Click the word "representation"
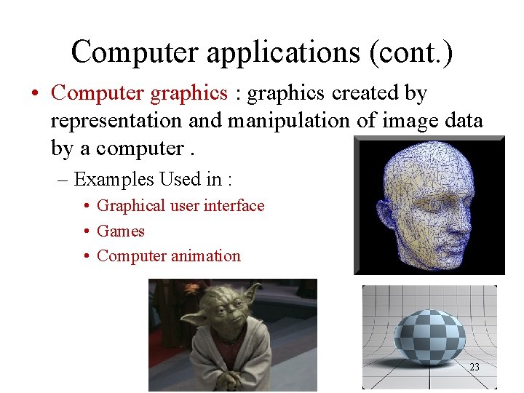click(122, 121)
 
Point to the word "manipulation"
click(287, 121)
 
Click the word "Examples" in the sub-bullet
click(114, 179)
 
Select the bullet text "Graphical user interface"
click(180, 206)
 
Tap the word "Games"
click(121, 231)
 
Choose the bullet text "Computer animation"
click(168, 256)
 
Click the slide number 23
click(474, 368)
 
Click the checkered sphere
click(429, 337)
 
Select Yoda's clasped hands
click(219, 378)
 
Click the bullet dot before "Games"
click(87, 231)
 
